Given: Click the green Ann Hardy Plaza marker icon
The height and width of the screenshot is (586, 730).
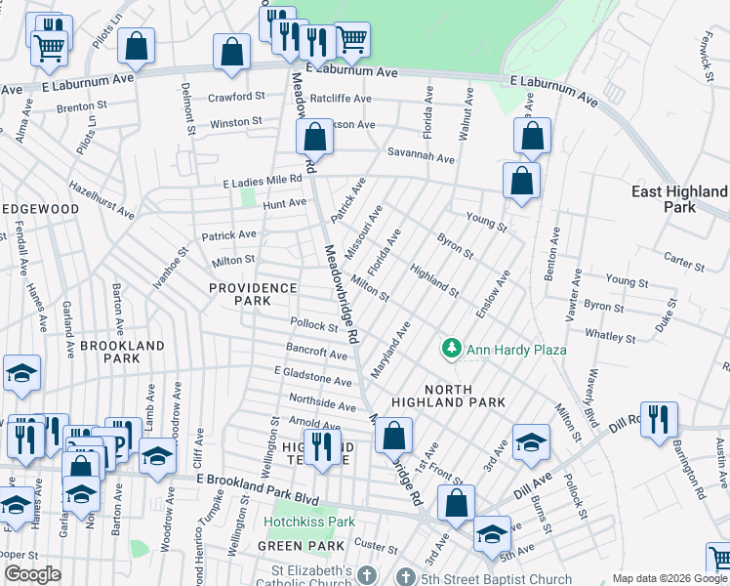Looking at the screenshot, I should pyautogui.click(x=451, y=348).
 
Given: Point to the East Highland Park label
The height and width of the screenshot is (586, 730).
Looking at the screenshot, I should pyautogui.click(x=679, y=199).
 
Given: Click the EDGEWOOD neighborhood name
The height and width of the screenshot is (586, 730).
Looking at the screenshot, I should pyautogui.click(x=39, y=209).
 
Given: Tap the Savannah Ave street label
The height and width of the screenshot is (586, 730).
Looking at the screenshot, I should pyautogui.click(x=421, y=158).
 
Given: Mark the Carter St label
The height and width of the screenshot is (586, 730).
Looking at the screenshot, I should pyautogui.click(x=684, y=265).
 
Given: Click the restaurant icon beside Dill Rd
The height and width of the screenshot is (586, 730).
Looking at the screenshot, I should pyautogui.click(x=659, y=419).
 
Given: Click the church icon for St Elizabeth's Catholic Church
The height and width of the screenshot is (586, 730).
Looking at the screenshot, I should pyautogui.click(x=367, y=576).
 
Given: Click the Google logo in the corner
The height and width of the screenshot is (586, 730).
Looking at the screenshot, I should pyautogui.click(x=32, y=574).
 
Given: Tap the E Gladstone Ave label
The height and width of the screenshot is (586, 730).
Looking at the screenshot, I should pyautogui.click(x=312, y=377).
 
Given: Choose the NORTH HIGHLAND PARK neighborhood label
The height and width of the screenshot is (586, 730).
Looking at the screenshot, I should pyautogui.click(x=448, y=394).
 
